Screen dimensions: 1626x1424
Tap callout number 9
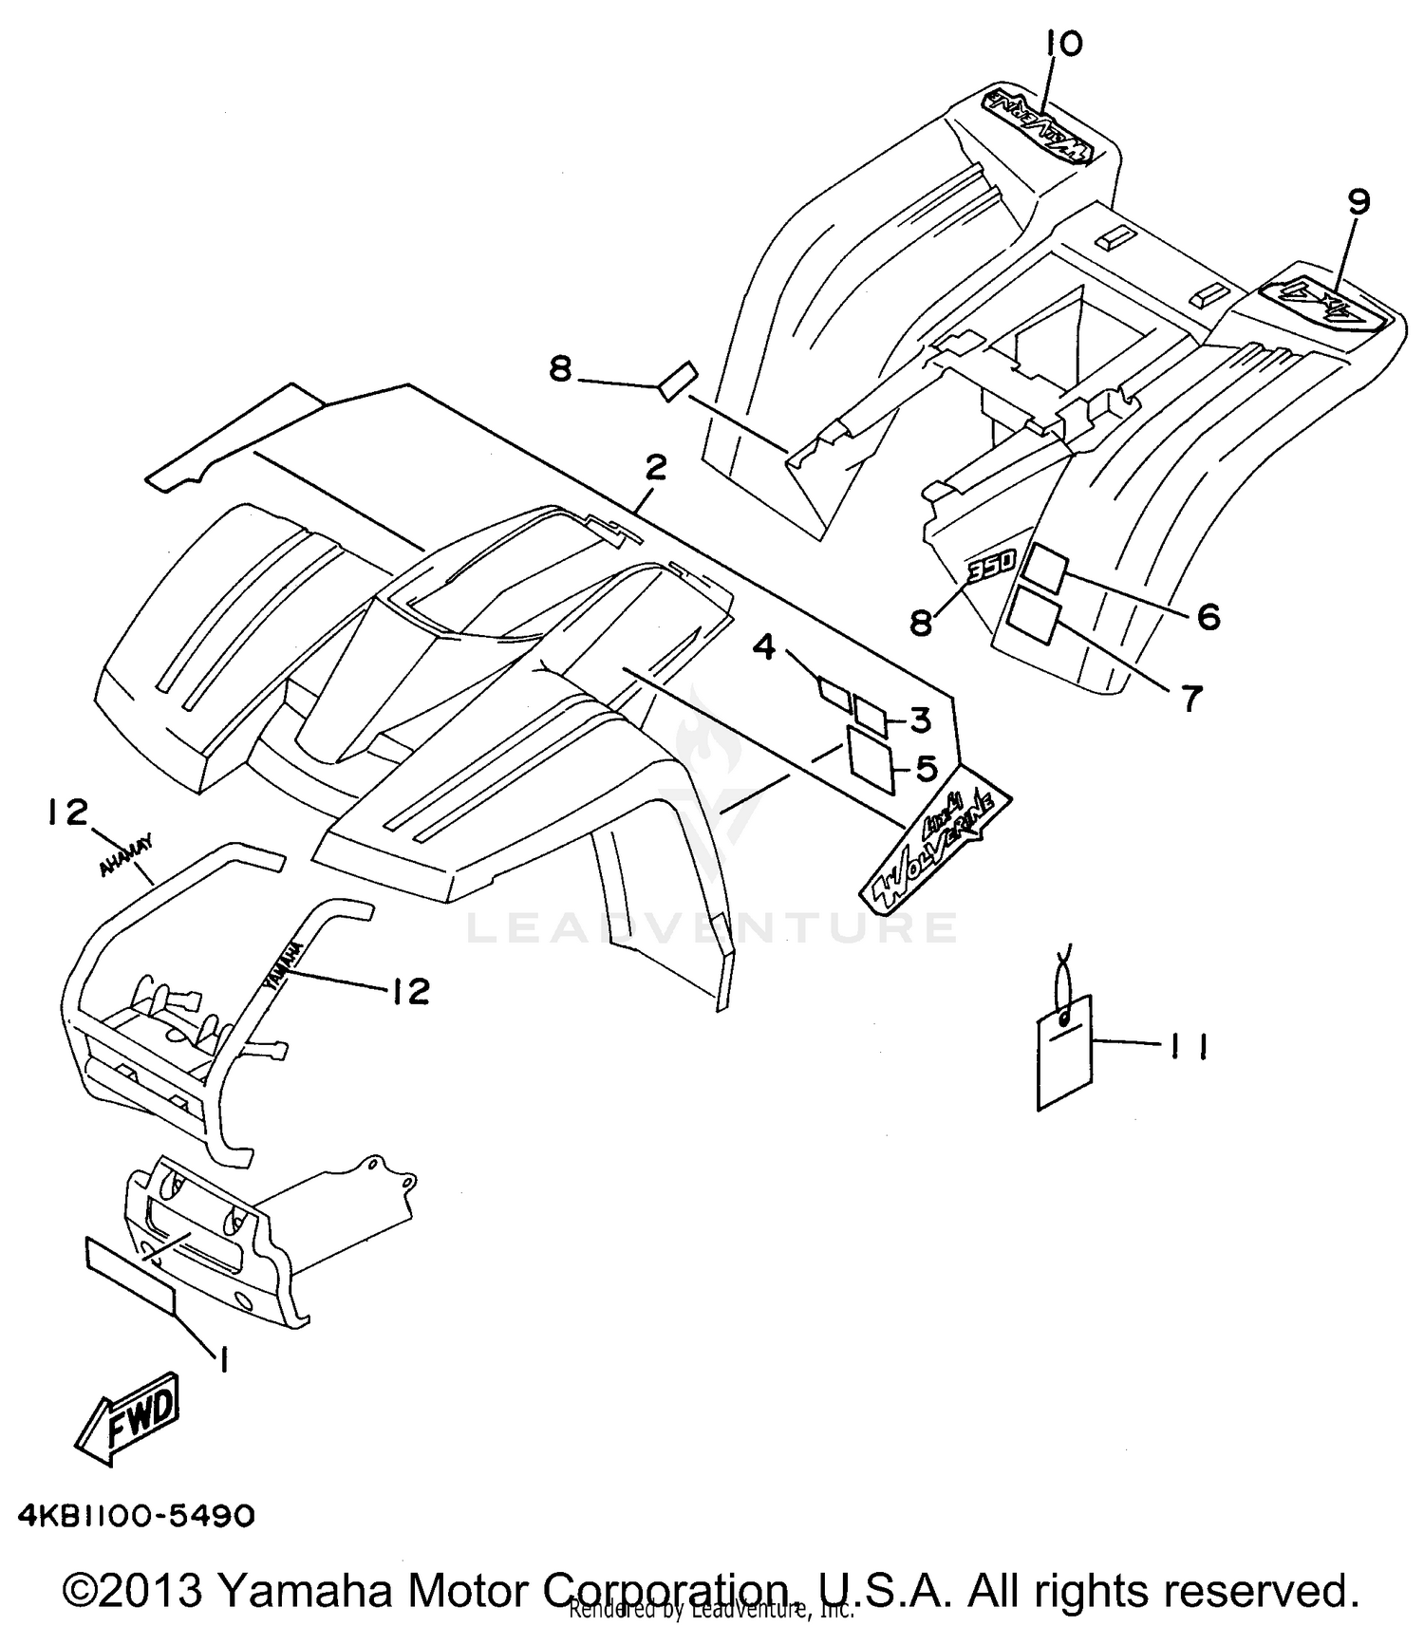point(1358,202)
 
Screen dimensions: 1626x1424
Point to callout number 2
point(655,468)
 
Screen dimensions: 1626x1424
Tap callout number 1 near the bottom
point(221,1360)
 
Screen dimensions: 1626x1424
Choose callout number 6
point(1208,617)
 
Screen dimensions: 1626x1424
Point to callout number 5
point(926,768)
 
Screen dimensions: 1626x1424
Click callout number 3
point(920,720)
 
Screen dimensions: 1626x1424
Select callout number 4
point(765,648)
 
